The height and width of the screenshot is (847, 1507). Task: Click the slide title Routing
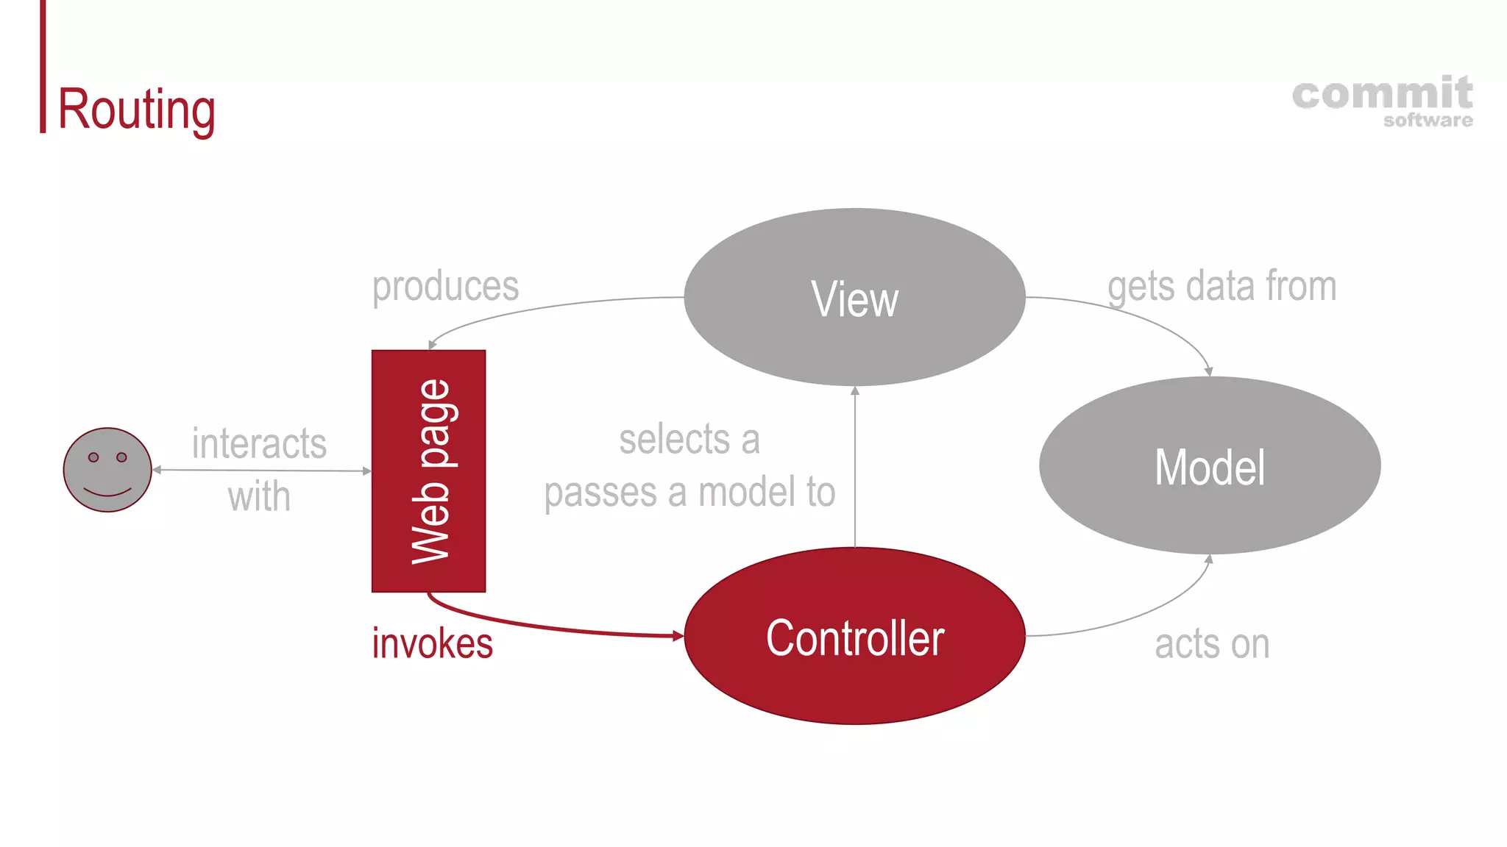tap(136, 109)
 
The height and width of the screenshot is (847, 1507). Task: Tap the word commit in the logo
tap(1382, 94)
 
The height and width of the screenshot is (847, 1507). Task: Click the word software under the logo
tap(1428, 121)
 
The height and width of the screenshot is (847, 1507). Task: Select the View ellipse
tap(854, 297)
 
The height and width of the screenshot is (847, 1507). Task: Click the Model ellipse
tap(1210, 466)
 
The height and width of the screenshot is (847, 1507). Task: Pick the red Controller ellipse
tap(854, 637)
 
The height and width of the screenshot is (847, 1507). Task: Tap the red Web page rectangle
tap(428, 471)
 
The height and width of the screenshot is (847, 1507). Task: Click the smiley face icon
tap(107, 470)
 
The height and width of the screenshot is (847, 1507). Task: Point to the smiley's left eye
tap(93, 457)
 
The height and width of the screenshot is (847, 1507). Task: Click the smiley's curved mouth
tap(107, 491)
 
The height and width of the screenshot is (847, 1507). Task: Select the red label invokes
tap(432, 643)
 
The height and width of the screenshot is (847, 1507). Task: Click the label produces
tap(445, 286)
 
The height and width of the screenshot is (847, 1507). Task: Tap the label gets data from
tap(1221, 286)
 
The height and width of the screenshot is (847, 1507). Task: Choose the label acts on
tap(1212, 644)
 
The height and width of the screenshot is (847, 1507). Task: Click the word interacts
tap(259, 443)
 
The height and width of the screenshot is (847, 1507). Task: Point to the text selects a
tap(689, 440)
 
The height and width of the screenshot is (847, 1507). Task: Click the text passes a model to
tap(689, 492)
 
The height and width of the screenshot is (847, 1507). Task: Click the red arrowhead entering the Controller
tap(678, 636)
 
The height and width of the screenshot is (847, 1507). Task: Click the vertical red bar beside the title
tap(43, 66)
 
